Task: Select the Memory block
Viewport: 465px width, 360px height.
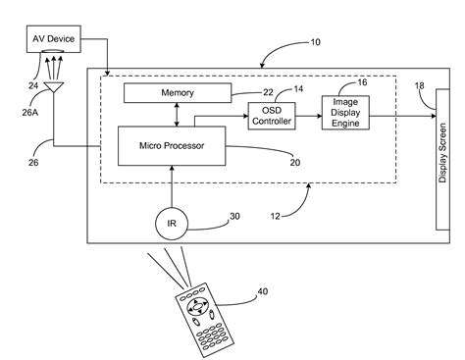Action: [178, 93]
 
